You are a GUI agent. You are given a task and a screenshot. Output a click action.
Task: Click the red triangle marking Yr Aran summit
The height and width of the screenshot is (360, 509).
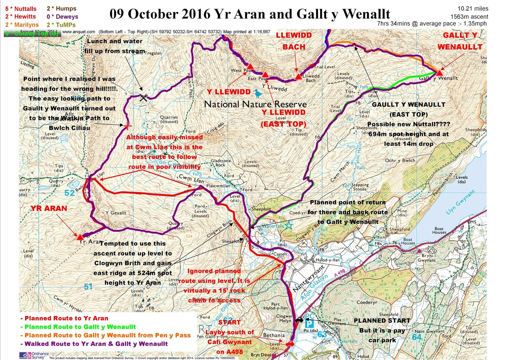click(80, 236)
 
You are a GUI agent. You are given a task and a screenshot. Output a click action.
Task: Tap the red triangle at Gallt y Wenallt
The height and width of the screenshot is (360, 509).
click(440, 73)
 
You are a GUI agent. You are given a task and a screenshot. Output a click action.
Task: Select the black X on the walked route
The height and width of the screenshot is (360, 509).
click(143, 97)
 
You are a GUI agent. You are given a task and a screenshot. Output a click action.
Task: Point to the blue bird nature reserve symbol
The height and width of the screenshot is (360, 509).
click(258, 94)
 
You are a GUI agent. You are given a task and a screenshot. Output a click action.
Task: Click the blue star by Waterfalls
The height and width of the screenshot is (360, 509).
click(289, 226)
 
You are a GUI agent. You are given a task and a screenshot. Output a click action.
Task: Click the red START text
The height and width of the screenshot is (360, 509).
click(229, 322)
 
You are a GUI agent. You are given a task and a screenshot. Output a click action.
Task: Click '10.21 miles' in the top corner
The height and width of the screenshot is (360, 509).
click(473, 9)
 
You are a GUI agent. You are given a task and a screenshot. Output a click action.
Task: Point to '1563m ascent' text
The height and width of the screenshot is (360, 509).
click(469, 17)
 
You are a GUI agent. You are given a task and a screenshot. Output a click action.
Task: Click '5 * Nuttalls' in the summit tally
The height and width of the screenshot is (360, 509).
click(21, 9)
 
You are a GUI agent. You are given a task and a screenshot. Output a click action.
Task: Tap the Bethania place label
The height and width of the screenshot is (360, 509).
click(274, 335)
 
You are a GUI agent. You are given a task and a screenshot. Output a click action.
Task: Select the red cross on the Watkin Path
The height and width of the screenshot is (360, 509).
click(128, 126)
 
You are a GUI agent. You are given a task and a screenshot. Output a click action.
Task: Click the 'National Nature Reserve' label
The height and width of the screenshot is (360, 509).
click(255, 104)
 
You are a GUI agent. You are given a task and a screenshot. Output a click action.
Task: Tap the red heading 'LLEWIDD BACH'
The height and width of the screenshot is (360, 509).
click(294, 41)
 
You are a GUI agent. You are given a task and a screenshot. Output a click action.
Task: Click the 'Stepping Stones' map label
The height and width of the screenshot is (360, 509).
click(360, 187)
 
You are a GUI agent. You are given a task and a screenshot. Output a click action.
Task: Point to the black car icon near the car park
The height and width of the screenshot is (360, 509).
click(299, 320)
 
